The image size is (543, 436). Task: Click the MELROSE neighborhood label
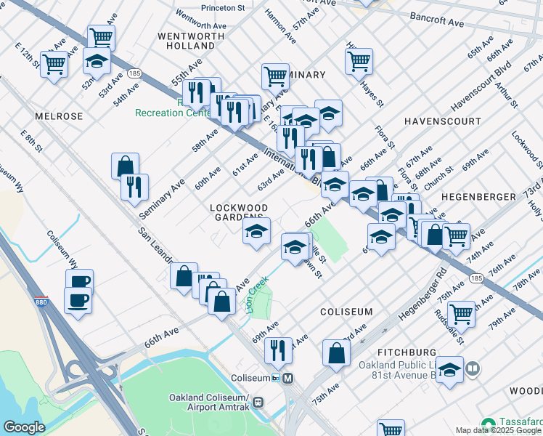point(58,116)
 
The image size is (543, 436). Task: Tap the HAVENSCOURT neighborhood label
point(442,121)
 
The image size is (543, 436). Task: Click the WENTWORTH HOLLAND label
point(186,40)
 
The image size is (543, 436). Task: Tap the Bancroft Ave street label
point(436,20)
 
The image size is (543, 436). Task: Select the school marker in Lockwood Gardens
point(256,232)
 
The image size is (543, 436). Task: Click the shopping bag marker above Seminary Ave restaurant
point(125,166)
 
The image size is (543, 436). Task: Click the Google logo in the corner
point(24,427)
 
